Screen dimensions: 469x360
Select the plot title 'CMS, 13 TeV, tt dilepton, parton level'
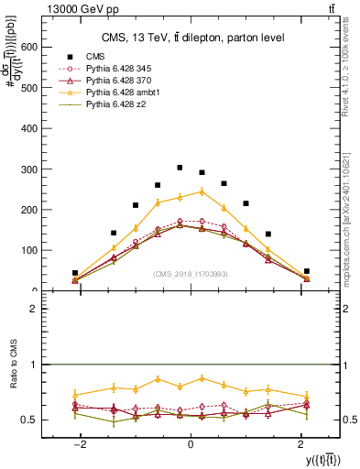coord(191,37)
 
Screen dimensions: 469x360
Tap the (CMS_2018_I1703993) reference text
coord(191,275)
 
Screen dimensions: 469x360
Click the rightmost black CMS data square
coord(307,271)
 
